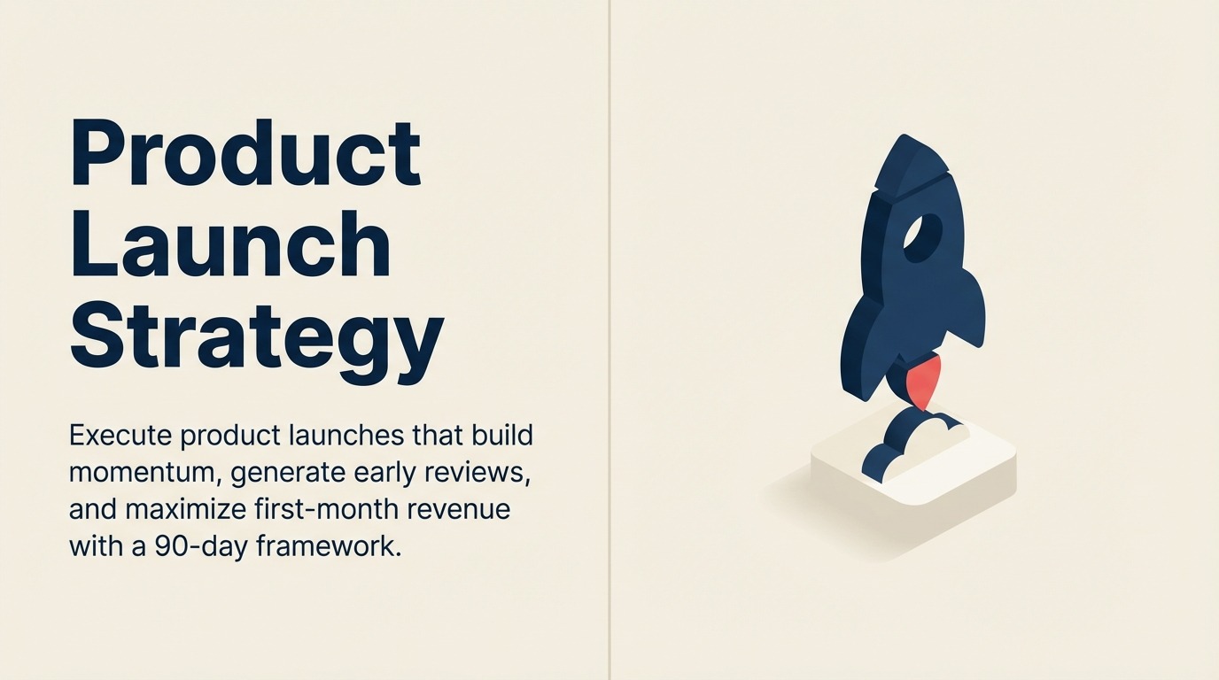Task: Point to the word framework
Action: tap(329, 546)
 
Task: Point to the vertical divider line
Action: tap(609, 340)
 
